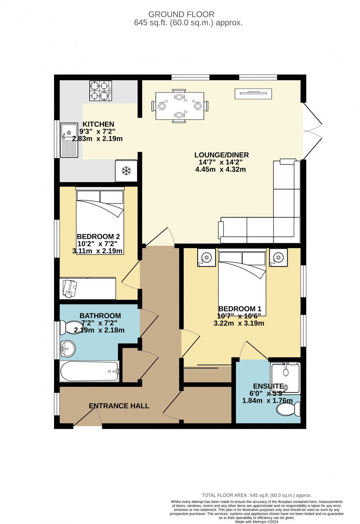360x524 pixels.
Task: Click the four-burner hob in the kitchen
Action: pos(100,91)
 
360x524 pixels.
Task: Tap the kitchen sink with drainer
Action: pos(69,140)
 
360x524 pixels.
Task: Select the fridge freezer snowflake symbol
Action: pos(126,171)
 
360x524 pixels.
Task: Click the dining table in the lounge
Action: pos(180,106)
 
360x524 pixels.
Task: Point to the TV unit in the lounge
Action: pos(253,94)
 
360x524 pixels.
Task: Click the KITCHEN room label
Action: pos(98,124)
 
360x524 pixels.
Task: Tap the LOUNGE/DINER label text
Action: pos(222,155)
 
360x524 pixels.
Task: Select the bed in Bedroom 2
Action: pos(100,221)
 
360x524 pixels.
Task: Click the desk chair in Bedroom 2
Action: pos(70,289)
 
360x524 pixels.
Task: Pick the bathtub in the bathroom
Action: pos(90,371)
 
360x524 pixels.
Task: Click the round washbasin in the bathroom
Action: pos(68,349)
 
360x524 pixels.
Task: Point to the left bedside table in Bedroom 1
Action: pos(206,257)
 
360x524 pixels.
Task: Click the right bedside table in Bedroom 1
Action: pos(278,257)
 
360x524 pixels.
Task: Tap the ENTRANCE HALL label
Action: pos(119,406)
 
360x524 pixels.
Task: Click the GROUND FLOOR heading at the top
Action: pos(181,14)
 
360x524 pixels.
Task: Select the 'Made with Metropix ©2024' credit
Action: pos(257,522)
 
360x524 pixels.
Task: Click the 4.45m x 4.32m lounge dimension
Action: pos(220,169)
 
